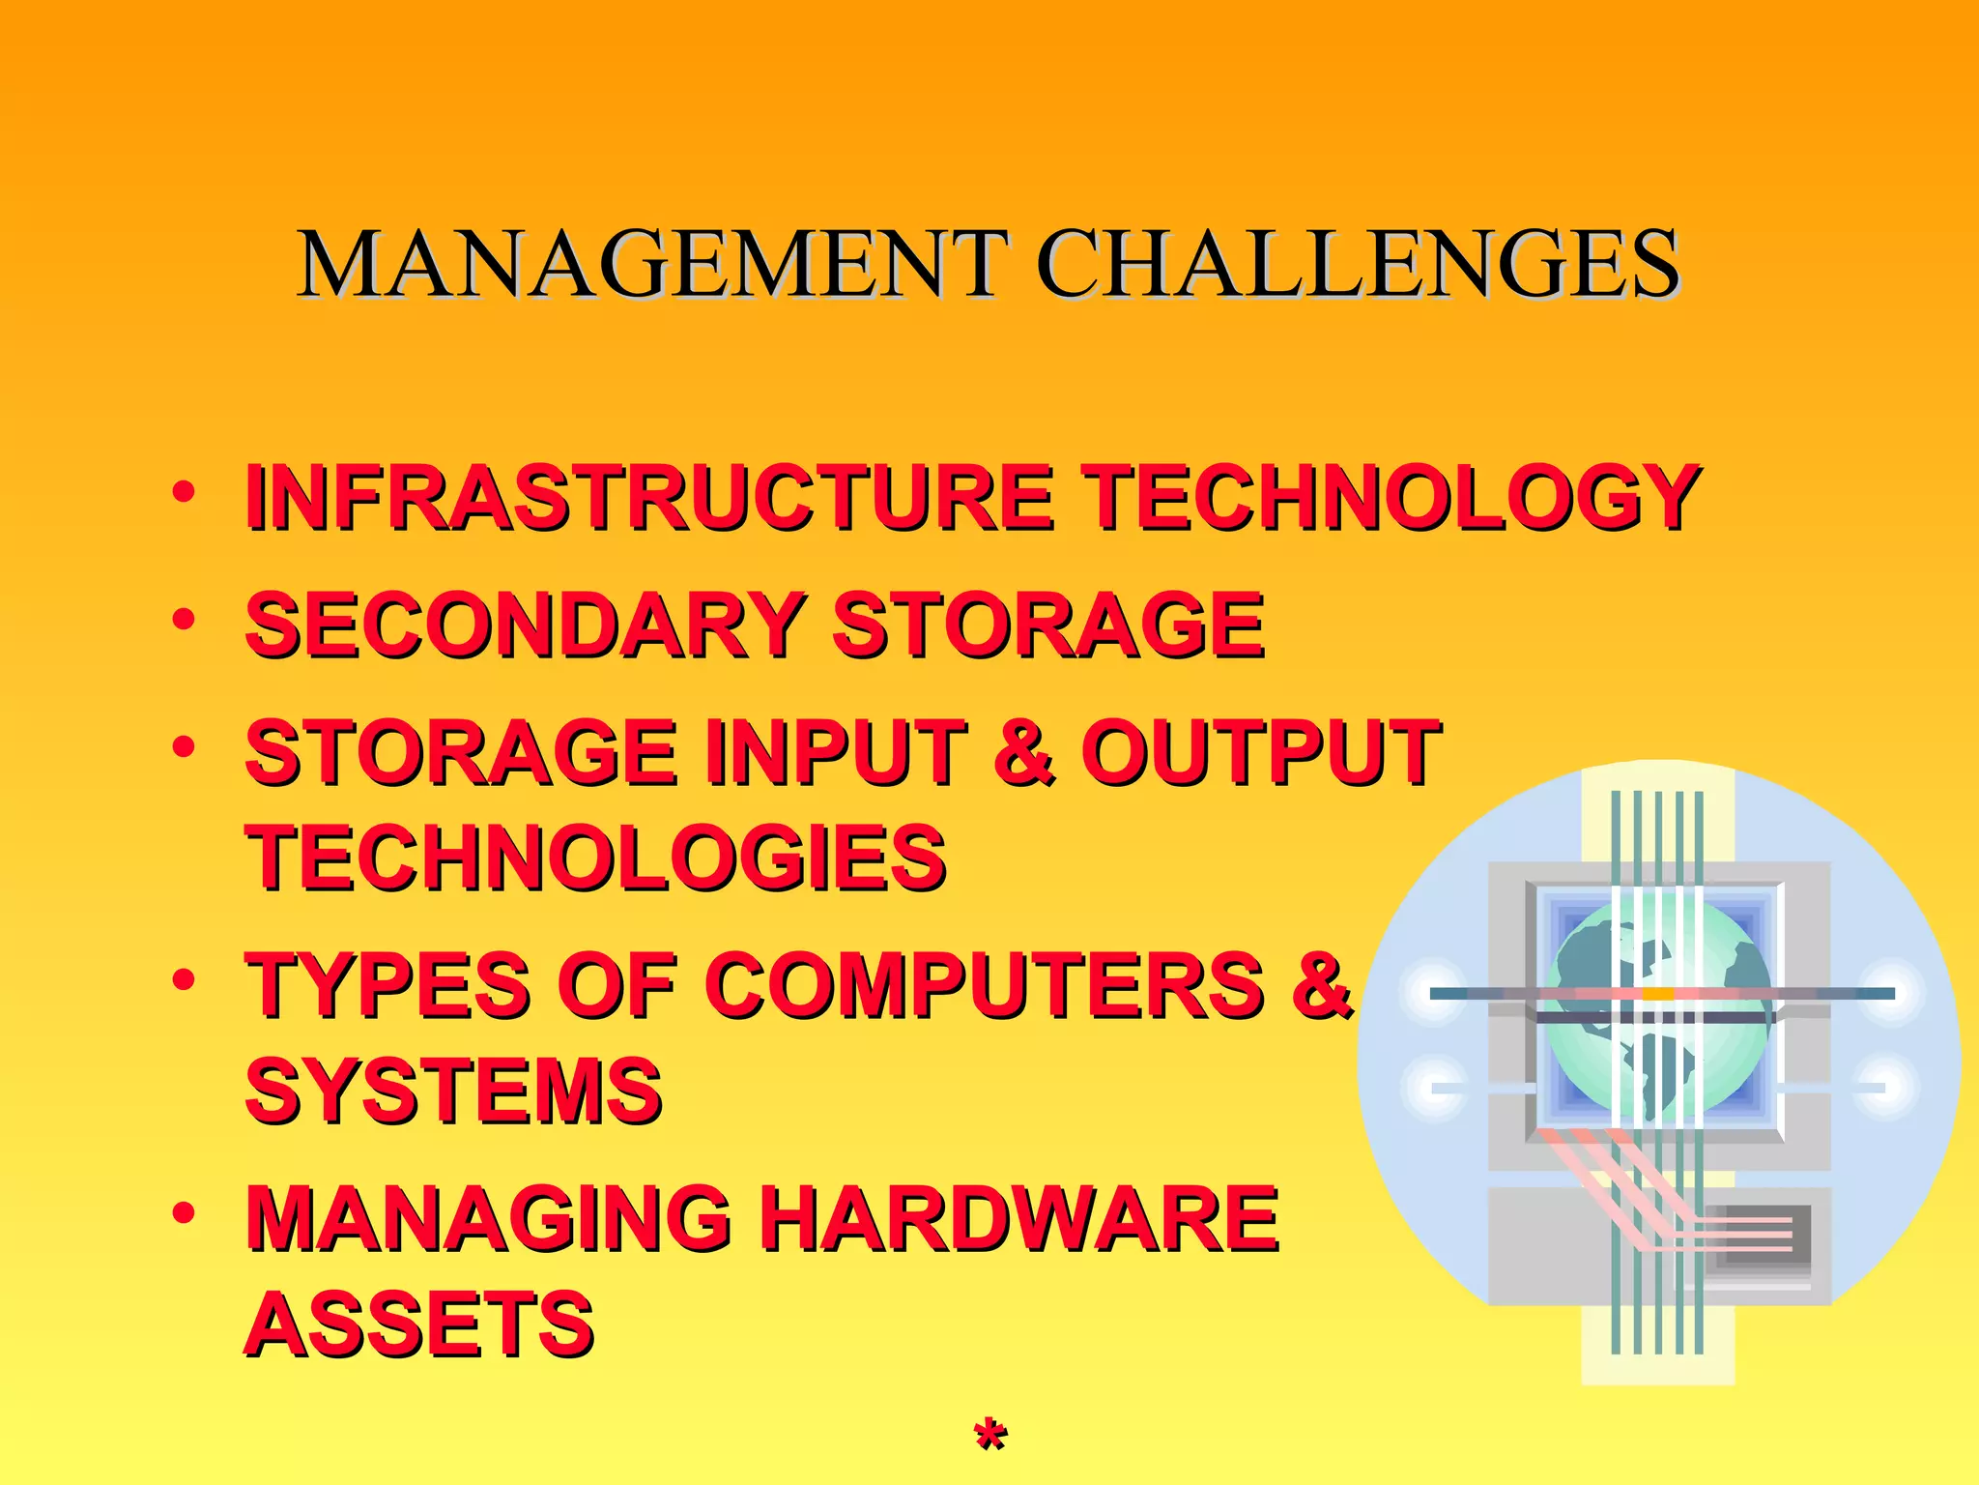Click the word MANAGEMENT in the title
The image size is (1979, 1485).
(x=653, y=264)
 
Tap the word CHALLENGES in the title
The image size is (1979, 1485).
(x=1359, y=264)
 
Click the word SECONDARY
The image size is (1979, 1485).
(x=526, y=626)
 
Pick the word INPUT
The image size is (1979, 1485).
(x=837, y=753)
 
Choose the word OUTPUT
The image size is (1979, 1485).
(x=1260, y=753)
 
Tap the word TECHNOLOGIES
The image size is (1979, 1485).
(x=595, y=859)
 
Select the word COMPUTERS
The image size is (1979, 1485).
(x=986, y=985)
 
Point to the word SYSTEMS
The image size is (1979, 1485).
(x=454, y=1091)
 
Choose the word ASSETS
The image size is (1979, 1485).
(x=419, y=1325)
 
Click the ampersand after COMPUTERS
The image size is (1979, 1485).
(x=1320, y=985)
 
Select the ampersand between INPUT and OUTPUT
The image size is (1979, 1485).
(x=1023, y=753)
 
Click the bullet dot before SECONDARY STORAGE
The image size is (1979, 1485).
(x=184, y=619)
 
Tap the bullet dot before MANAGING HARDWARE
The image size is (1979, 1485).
(x=184, y=1211)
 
